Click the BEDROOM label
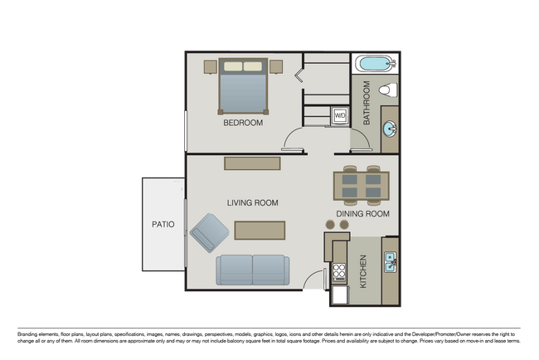pyautogui.click(x=243, y=123)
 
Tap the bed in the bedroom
pyautogui.click(x=243, y=86)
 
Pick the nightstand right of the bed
pyautogui.click(x=276, y=66)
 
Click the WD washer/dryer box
pyautogui.click(x=340, y=115)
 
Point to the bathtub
pyautogui.click(x=376, y=65)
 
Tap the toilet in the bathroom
pyautogui.click(x=386, y=89)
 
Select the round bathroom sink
pyautogui.click(x=389, y=129)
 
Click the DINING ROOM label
pyautogui.click(x=362, y=214)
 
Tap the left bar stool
pyautogui.click(x=330, y=225)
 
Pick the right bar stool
pyautogui.click(x=344, y=225)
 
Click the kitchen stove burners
pyautogui.click(x=338, y=272)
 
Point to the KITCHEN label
pyautogui.click(x=363, y=273)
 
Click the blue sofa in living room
pyautogui.click(x=253, y=270)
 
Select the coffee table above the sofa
pyautogui.click(x=260, y=230)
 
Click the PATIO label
pyautogui.click(x=163, y=224)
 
